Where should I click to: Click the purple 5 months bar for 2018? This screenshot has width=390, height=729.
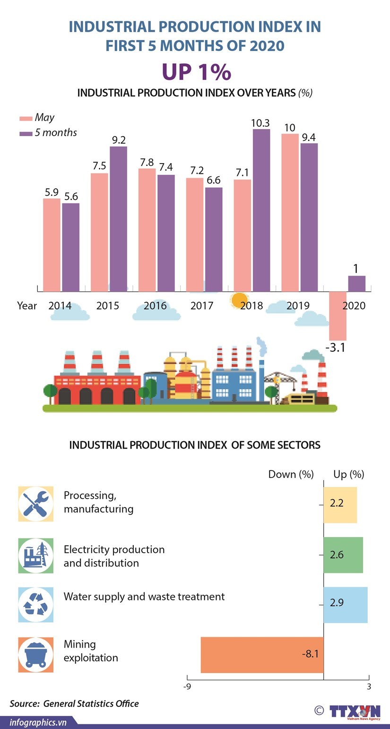pos(261,210)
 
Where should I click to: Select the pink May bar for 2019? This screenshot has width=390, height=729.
pos(290,213)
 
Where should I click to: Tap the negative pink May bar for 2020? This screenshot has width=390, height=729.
pos(338,315)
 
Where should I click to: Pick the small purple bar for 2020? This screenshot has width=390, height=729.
pos(356,284)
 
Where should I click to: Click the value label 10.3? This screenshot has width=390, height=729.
pos(260,123)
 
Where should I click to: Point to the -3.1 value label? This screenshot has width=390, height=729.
pos(336,349)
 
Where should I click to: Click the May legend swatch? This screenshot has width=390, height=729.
pos(26,118)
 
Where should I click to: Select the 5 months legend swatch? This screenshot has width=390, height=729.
pos(26,133)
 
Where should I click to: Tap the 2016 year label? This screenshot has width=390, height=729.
pos(155,306)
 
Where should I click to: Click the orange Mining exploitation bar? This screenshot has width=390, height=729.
pos(262,655)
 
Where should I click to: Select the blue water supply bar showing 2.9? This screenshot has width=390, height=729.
pos(345,605)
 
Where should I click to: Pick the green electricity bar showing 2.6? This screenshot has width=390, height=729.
pos(343,555)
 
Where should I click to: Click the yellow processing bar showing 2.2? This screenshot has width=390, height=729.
pos(340,504)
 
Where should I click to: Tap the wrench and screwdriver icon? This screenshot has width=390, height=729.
pos(36,504)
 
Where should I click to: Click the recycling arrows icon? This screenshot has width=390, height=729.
pos(36,605)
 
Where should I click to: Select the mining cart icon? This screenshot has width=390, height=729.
pos(36,655)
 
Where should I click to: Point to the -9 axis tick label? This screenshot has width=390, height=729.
pos(187,687)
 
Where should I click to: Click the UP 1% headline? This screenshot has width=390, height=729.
pos(196,72)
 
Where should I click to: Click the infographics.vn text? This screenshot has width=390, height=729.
pos(38,722)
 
